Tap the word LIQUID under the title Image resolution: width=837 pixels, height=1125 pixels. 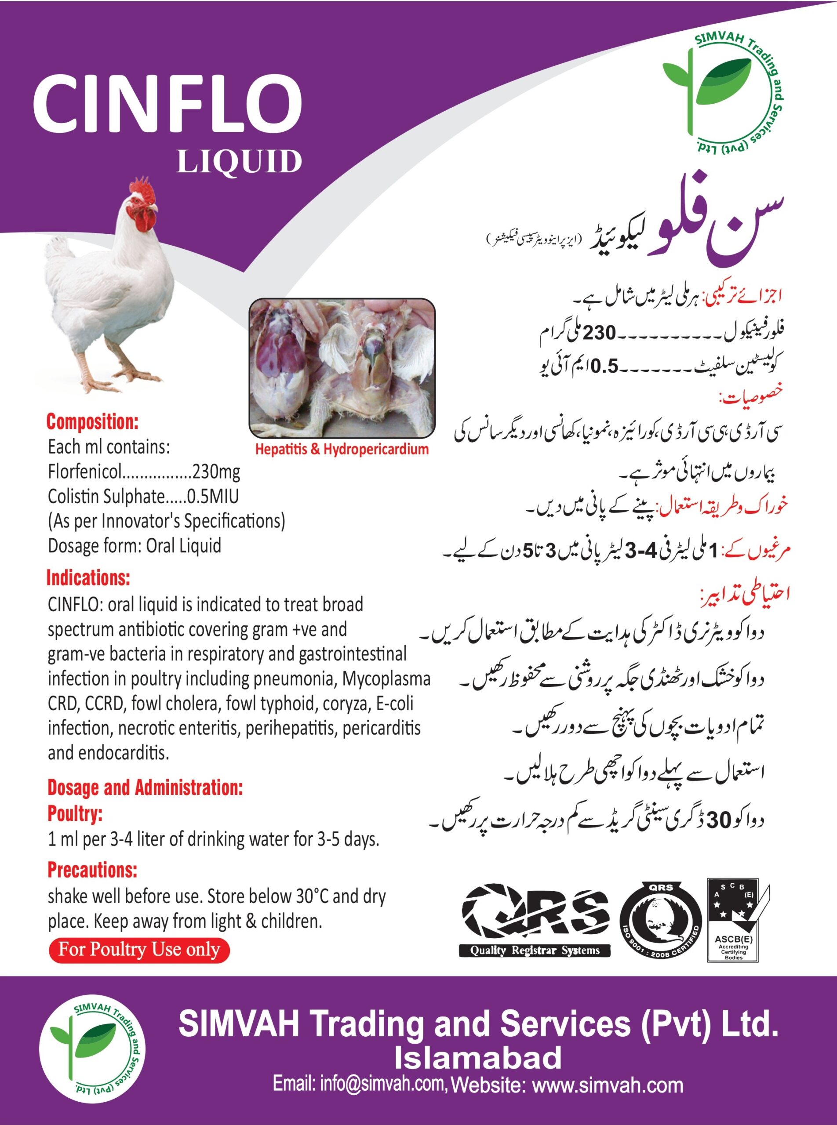tap(239, 162)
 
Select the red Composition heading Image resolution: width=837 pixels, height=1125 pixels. tap(92, 421)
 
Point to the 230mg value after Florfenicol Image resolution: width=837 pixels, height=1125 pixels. tap(216, 472)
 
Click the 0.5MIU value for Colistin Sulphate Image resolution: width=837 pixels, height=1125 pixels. tap(213, 497)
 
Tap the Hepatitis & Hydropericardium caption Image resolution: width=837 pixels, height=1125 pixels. tap(342, 449)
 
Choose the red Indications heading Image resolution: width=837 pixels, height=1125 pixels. tap(88, 578)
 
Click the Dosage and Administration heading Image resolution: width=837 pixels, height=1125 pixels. tap(145, 787)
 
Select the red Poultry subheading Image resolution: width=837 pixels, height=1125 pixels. tap(75, 813)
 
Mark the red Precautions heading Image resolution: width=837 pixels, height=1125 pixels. tap(92, 870)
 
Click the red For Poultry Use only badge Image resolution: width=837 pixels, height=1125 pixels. tap(139, 949)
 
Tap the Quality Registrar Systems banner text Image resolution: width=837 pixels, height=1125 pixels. tap(535, 950)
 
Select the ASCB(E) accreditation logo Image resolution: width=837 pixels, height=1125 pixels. tap(738, 920)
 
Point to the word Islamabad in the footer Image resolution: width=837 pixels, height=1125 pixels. tap(478, 1058)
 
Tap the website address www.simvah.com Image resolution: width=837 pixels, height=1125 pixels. tap(608, 1085)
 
